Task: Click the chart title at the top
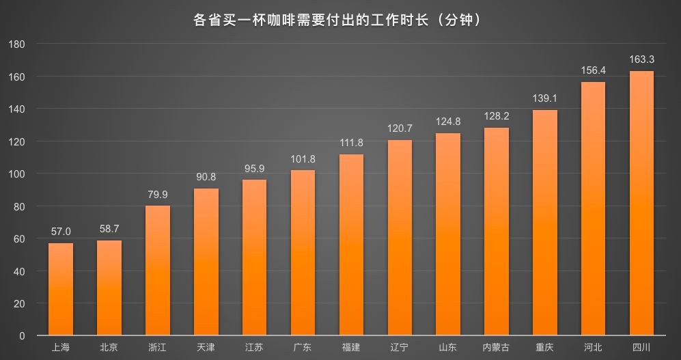339,20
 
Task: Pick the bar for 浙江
158,271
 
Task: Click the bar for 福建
351,245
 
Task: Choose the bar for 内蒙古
496,232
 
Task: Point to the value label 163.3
641,59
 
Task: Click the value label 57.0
61,232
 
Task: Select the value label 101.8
303,159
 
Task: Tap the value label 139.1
544,98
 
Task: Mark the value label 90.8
206,177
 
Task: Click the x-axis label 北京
109,348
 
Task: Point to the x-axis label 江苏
254,348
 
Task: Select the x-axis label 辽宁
400,348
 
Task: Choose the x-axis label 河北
593,348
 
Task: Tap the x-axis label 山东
447,348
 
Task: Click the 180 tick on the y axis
18,44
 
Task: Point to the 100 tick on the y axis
18,174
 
